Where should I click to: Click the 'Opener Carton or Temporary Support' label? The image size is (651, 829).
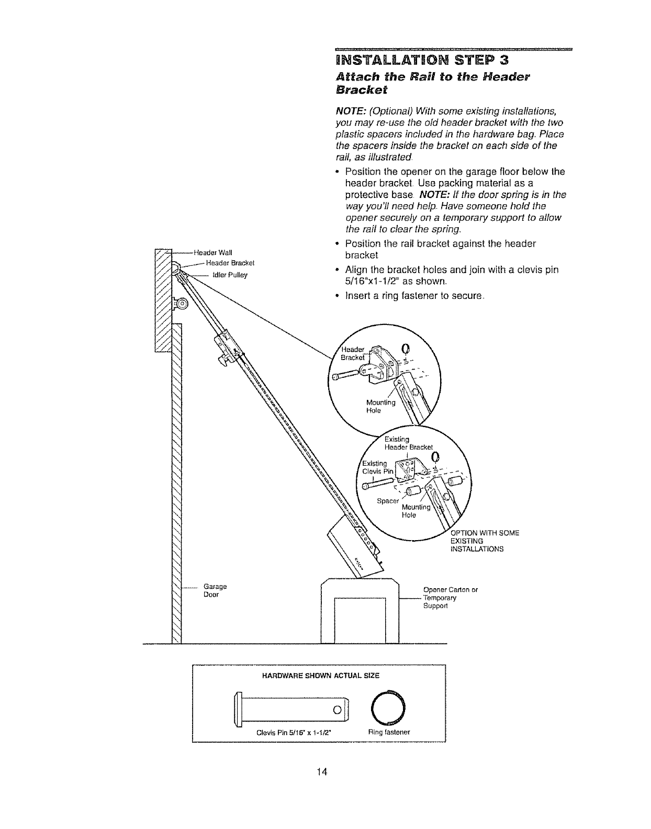[450, 598]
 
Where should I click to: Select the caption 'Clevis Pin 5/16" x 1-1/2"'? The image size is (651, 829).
[294, 732]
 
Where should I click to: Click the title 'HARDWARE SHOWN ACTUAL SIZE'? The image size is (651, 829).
[320, 676]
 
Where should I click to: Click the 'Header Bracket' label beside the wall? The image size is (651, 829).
[230, 263]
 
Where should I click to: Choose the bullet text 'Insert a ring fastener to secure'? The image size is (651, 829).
[414, 296]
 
